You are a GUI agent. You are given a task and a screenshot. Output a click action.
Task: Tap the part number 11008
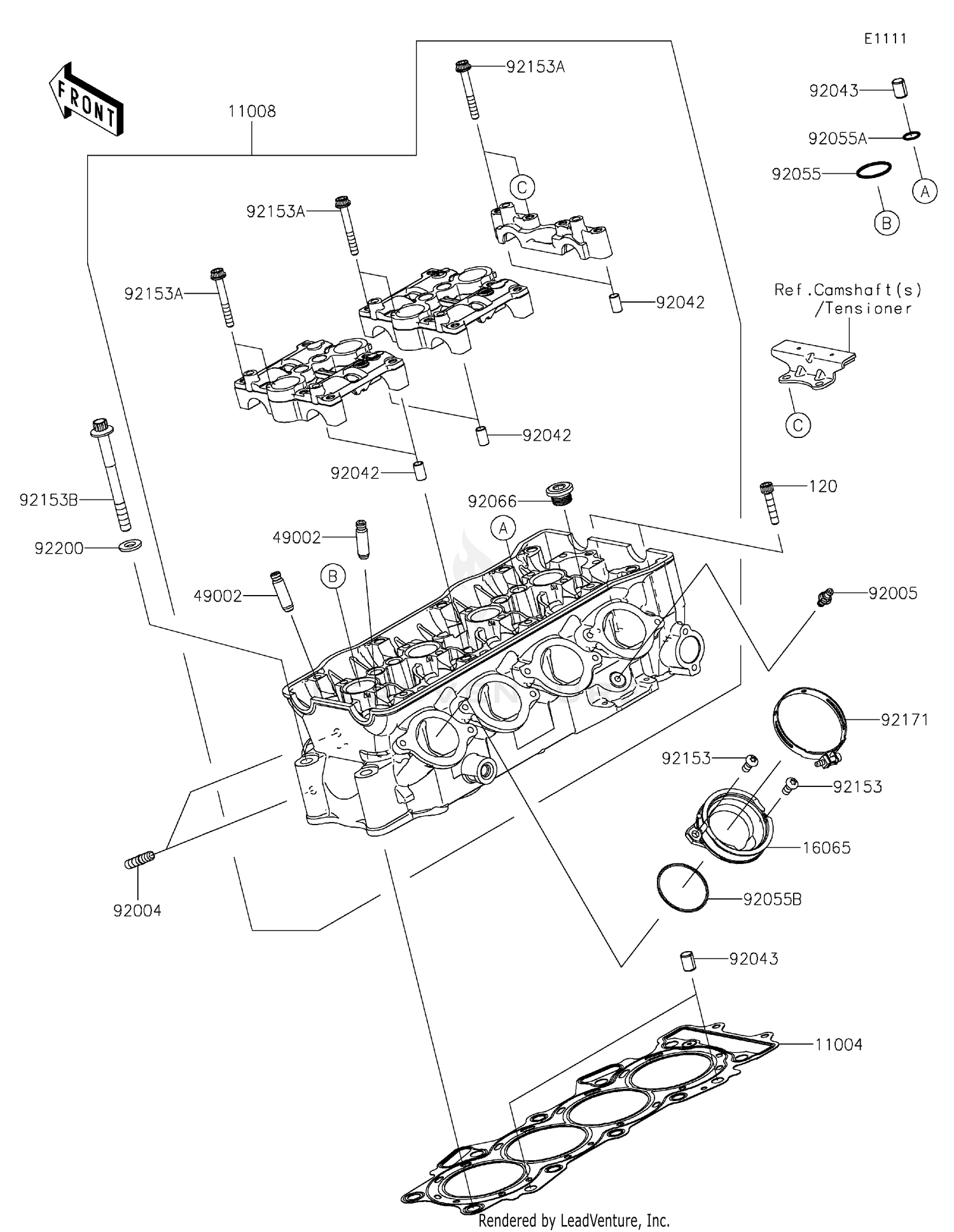252,112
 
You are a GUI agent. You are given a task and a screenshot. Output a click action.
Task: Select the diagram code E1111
885,39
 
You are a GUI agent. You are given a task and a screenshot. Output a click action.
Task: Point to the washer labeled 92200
130,545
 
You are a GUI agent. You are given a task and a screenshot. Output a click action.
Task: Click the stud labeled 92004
139,862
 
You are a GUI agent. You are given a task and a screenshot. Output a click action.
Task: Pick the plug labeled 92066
560,495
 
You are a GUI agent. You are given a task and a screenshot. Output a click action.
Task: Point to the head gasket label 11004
839,1044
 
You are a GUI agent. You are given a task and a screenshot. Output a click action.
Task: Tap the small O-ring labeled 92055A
911,135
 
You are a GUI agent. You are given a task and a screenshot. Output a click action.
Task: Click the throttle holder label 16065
826,847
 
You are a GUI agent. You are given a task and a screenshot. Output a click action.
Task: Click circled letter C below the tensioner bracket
798,425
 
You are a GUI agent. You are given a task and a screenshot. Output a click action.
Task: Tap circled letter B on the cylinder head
333,576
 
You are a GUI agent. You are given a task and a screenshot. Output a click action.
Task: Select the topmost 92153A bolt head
462,65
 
